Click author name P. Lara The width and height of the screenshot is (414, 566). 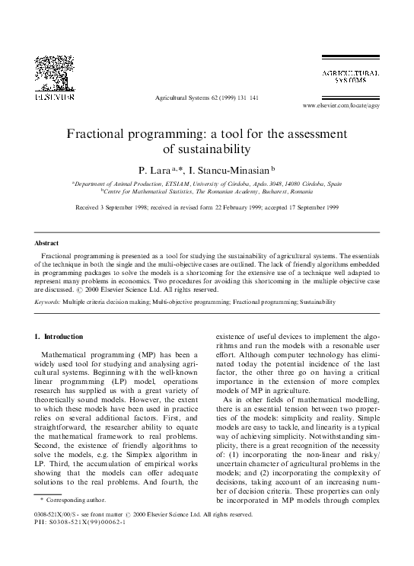(154, 169)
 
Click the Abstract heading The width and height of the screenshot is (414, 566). (49, 243)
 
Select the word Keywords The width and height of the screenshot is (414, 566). (48, 302)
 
